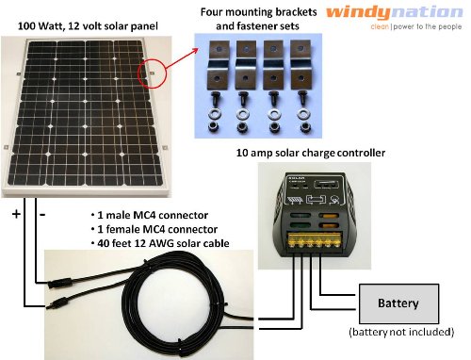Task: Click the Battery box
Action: (398, 303)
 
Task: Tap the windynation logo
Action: (395, 13)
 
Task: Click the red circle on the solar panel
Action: (152, 74)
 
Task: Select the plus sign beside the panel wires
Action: (16, 214)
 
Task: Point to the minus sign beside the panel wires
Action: (42, 215)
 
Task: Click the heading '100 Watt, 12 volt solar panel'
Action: (88, 26)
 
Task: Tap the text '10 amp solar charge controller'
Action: (311, 153)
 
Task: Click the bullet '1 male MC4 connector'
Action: (150, 215)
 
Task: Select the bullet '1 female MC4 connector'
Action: (154, 229)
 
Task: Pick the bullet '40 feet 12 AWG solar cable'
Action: (160, 243)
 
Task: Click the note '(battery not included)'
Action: (401, 332)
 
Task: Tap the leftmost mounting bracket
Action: (219, 65)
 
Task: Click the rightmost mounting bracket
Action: (300, 65)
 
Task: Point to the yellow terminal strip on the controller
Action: (315, 240)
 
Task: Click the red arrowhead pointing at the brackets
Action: (195, 51)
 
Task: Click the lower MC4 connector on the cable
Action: (59, 303)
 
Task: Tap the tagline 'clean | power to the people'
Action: (416, 26)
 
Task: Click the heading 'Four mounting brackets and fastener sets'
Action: (258, 19)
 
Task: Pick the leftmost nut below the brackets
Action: (214, 127)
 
